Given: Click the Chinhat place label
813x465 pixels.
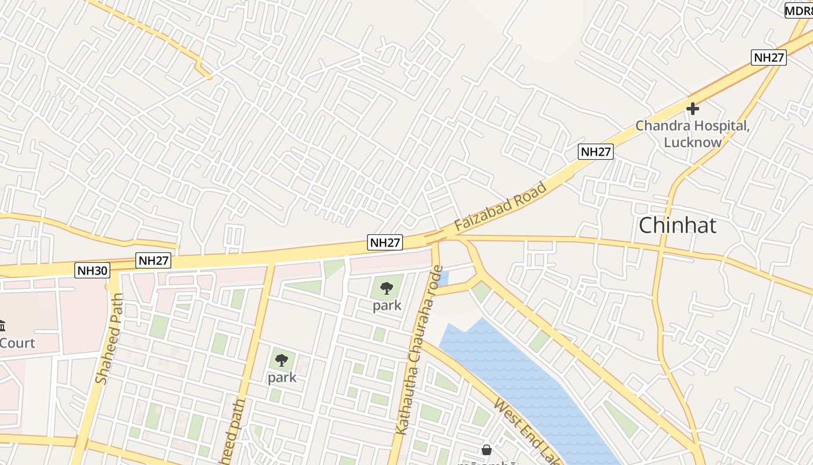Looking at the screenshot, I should pos(677,226).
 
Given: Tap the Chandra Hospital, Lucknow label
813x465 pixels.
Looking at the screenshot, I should pos(692,134).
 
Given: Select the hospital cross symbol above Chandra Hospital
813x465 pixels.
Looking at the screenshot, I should pos(692,109).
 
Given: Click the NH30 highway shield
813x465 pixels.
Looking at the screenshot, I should pos(92,270).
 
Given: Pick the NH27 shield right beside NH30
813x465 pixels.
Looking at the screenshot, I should pos(153,260).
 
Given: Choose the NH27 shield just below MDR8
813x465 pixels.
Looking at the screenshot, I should pos(768,58).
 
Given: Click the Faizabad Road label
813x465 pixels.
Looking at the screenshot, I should pos(501,206).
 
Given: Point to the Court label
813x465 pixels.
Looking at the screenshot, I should pos(17,343).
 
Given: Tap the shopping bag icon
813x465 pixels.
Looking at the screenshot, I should pos(487,449).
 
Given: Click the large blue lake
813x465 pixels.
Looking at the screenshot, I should pos(523,384).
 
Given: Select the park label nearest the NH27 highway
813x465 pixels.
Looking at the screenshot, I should pos(387,306).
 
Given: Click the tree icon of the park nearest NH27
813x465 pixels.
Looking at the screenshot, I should pos(387,288).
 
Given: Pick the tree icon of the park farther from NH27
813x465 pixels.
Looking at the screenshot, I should pos(282,360).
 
